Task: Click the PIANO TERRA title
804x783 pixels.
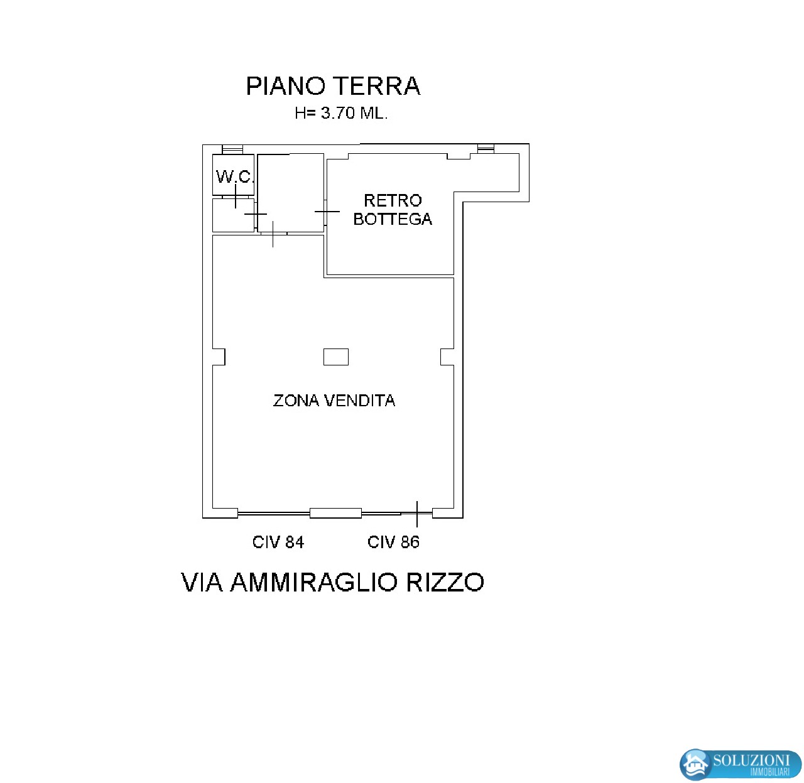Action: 333,86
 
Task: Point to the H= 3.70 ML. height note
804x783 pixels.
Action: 341,113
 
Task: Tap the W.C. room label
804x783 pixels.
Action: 234,176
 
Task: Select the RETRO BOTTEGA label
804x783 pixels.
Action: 393,209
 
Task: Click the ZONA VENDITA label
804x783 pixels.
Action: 334,401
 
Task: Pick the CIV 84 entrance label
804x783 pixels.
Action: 278,543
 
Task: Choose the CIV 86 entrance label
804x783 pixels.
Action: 393,543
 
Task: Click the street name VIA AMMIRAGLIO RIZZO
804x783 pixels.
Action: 332,582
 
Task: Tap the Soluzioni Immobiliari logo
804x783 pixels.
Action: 740,764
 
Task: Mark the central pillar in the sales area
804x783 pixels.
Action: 336,357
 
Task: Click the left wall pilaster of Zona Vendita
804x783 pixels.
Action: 219,357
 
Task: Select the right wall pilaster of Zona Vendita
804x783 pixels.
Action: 447,357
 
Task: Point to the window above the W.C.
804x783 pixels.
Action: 232,149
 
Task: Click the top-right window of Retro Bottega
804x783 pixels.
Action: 486,149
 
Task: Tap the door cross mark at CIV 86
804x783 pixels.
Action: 417,514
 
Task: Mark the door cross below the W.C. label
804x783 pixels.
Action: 236,196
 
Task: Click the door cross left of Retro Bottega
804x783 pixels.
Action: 327,212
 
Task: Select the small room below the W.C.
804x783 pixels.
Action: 234,215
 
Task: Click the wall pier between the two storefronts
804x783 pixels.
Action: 335,513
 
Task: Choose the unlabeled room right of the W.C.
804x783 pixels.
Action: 291,193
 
